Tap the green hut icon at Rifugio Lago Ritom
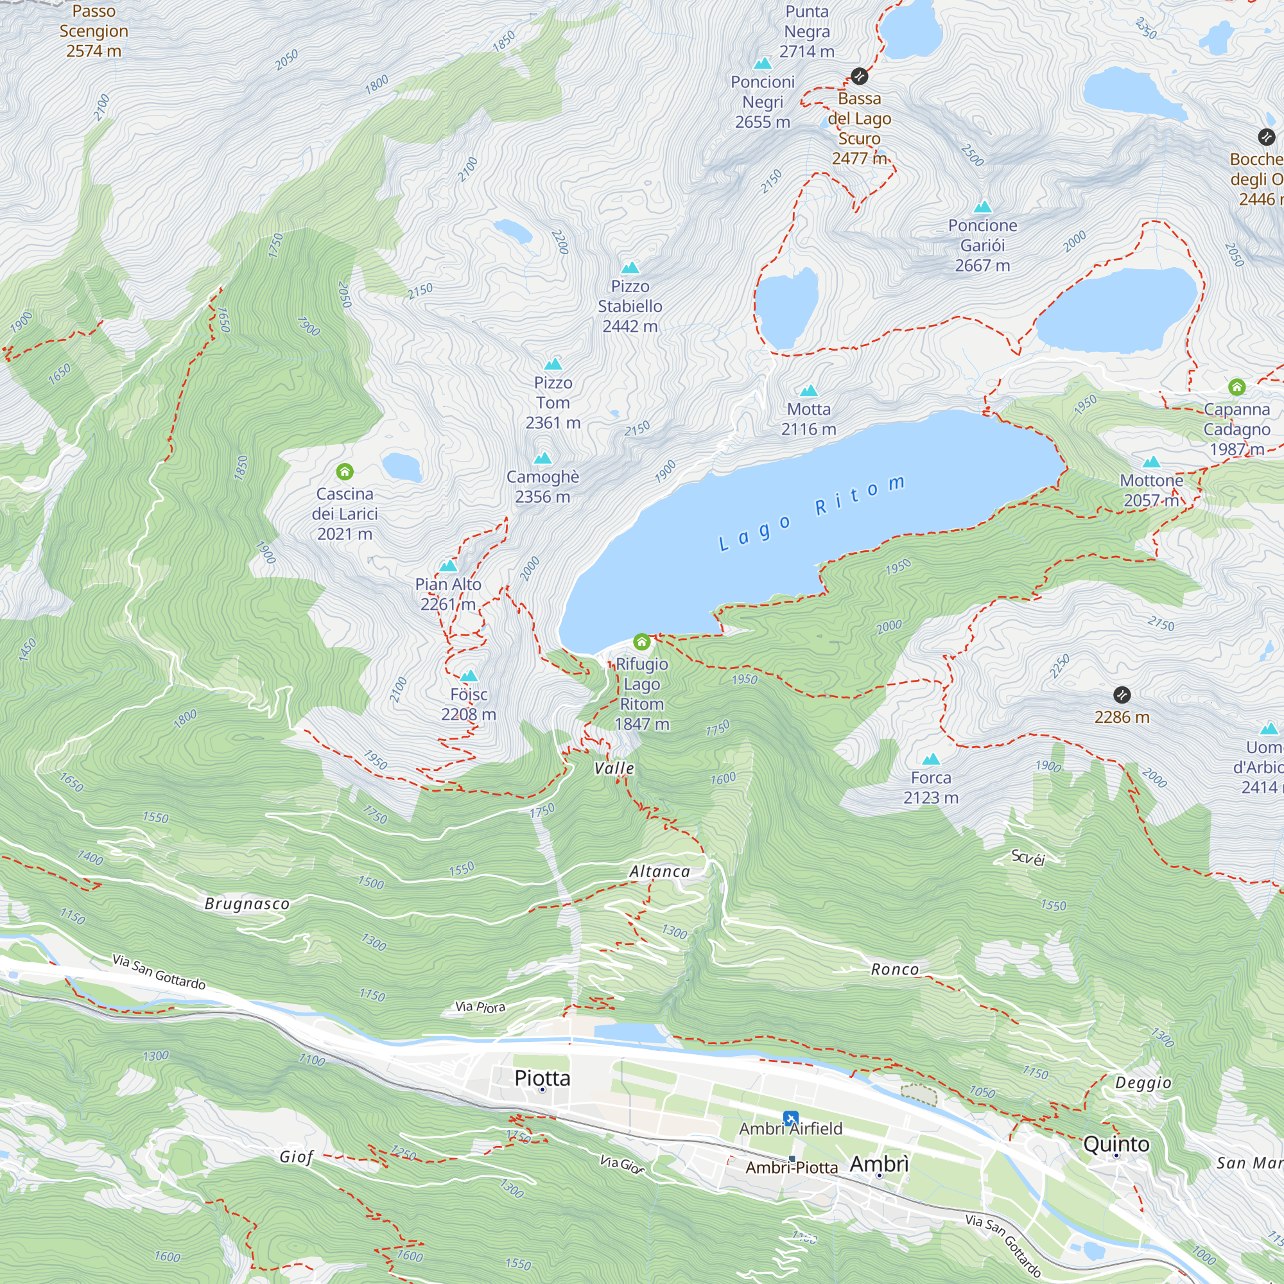point(641,641)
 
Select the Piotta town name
point(542,1078)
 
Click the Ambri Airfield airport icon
point(790,1118)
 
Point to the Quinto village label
point(1116,1144)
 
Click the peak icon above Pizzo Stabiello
point(630,268)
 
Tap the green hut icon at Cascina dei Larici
point(344,472)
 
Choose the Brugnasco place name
point(247,904)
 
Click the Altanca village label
point(659,871)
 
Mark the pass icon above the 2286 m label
point(1122,695)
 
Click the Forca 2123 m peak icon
point(931,759)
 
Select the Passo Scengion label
point(94,31)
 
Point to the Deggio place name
point(1143,1082)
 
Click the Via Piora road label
point(480,1007)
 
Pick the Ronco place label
point(894,969)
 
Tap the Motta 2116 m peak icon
point(808,390)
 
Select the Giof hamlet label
point(296,1157)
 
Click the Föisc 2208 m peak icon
point(469,676)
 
